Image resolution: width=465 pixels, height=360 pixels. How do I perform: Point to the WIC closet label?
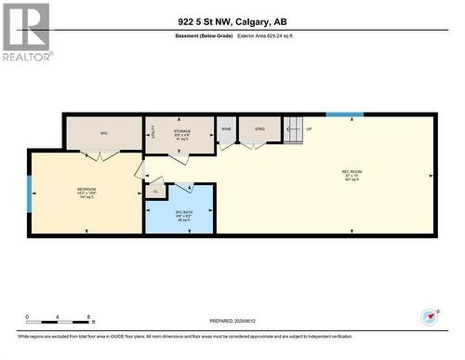(104, 133)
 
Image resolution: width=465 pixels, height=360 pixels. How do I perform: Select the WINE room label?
(226, 127)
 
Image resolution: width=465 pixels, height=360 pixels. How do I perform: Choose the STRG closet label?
(252, 127)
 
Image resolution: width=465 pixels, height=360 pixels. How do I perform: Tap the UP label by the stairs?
(309, 127)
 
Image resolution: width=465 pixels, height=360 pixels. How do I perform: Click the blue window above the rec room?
(344, 114)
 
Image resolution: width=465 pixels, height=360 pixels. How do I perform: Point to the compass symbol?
(429, 315)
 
